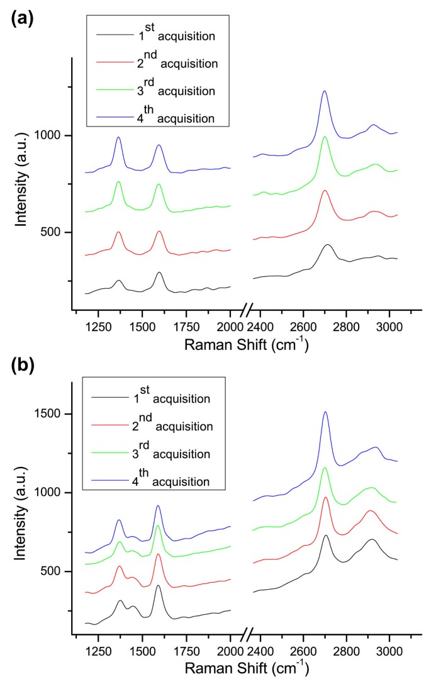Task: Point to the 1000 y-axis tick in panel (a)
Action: click(52, 135)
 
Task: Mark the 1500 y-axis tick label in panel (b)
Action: click(52, 414)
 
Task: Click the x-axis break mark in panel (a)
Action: click(249, 309)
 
